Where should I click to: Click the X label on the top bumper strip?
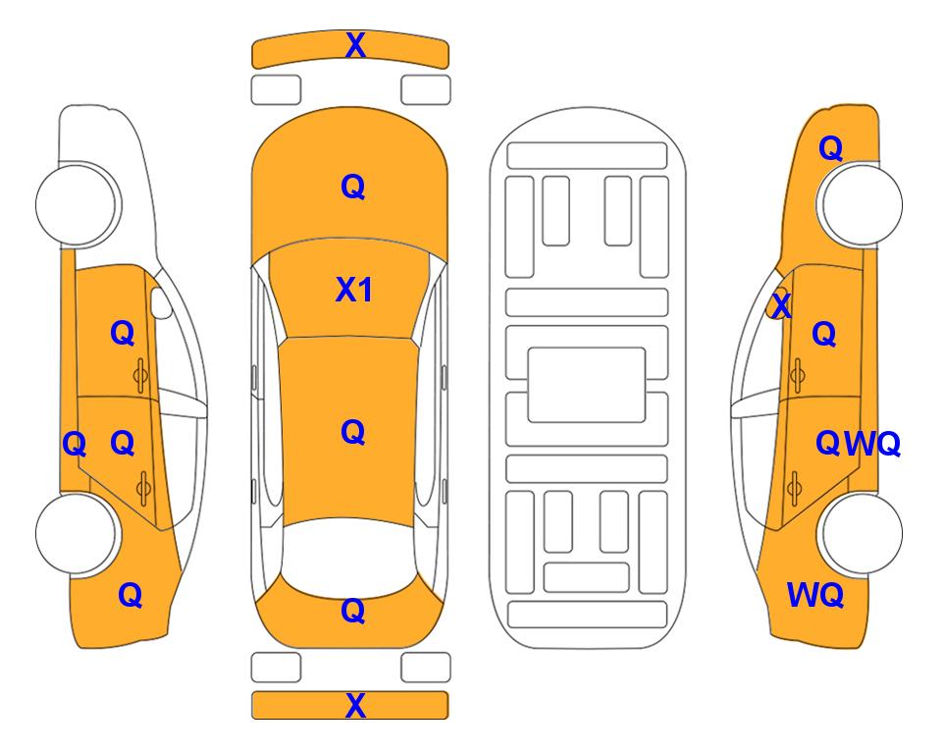[x=355, y=45]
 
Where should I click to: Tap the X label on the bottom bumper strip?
[x=355, y=706]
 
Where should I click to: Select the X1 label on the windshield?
[x=354, y=290]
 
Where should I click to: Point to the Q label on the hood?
[x=353, y=187]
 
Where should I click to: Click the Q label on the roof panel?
[x=353, y=432]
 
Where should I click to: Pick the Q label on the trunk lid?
[x=353, y=611]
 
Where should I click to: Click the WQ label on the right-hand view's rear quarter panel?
[x=815, y=595]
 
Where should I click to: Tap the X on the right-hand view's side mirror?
[x=782, y=304]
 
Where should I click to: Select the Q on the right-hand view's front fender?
[x=830, y=148]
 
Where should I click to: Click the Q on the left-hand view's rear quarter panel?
[x=131, y=595]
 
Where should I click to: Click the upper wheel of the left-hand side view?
[x=78, y=204]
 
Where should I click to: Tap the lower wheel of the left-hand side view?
[x=78, y=533]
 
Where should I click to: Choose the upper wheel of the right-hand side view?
[x=860, y=204]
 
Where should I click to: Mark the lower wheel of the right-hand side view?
[x=860, y=533]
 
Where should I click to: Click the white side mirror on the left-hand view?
[x=161, y=302]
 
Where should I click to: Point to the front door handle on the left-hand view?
[x=141, y=376]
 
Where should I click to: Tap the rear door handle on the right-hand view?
[x=795, y=489]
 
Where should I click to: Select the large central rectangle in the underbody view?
[x=587, y=385]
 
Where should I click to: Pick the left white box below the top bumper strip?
[x=276, y=90]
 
